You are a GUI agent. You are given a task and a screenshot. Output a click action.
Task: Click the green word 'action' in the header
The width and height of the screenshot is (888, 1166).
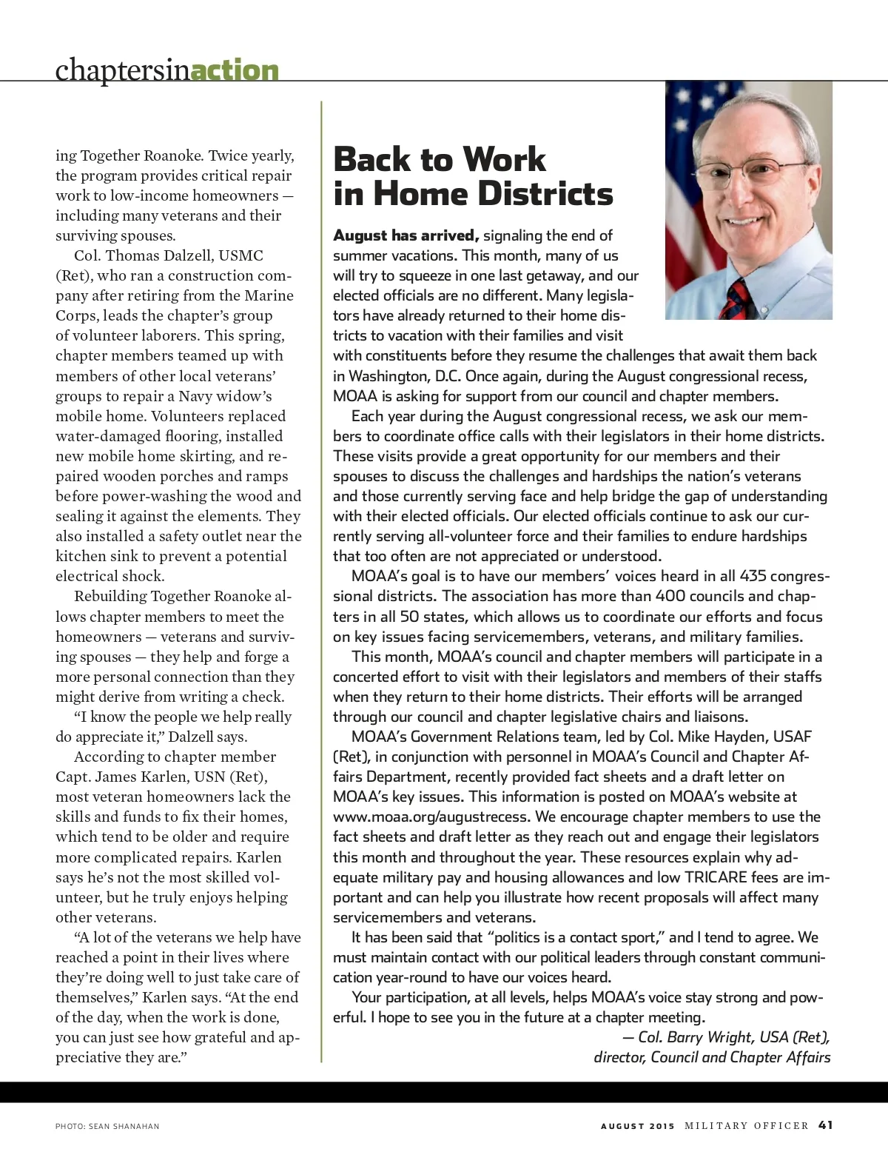(235, 70)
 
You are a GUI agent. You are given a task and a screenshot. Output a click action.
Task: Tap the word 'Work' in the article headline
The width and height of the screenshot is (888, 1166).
(498, 159)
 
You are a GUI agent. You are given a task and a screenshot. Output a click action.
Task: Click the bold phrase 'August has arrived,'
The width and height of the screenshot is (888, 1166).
(406, 235)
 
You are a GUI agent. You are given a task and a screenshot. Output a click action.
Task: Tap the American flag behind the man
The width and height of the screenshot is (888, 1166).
(684, 185)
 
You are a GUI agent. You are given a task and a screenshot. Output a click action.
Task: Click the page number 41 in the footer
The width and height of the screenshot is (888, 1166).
(826, 1125)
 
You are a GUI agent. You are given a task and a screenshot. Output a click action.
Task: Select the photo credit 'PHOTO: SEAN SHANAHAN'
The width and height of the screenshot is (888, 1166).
(107, 1126)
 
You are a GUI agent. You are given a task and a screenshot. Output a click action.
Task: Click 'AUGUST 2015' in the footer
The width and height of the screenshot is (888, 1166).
(637, 1126)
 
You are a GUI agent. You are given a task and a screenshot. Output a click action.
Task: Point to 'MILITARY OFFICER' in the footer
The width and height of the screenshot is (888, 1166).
(747, 1126)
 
